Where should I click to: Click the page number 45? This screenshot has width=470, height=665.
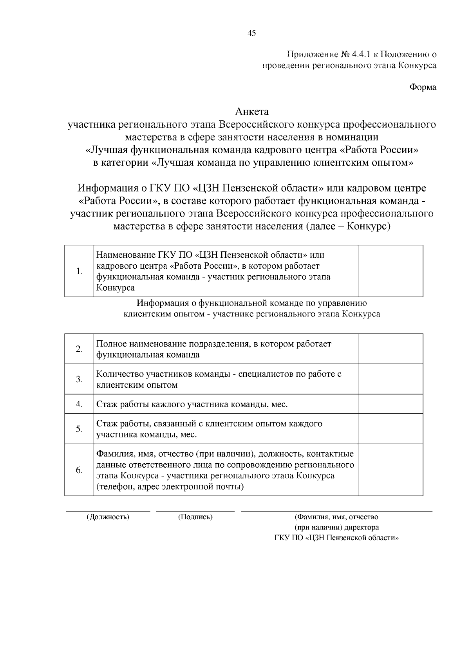pyautogui.click(x=252, y=33)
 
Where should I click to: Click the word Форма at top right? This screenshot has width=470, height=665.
pyautogui.click(x=423, y=87)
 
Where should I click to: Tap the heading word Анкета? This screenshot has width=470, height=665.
pyautogui.click(x=252, y=112)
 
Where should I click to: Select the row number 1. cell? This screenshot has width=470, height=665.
pyautogui.click(x=79, y=271)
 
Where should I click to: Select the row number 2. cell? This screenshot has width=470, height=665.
pyautogui.click(x=79, y=349)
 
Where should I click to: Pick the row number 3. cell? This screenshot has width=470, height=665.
pyautogui.click(x=79, y=379)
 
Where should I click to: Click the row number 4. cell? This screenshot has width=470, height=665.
pyautogui.click(x=79, y=404)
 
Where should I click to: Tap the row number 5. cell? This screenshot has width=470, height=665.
pyautogui.click(x=79, y=429)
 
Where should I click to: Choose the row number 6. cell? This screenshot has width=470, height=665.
pyautogui.click(x=79, y=470)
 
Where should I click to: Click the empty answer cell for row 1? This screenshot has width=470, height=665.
pyautogui.click(x=390, y=271)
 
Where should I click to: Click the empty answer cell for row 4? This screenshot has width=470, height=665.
pyautogui.click(x=390, y=404)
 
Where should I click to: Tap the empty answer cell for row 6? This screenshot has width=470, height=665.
pyautogui.click(x=390, y=470)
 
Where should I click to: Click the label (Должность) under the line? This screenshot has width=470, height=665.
pyautogui.click(x=108, y=517)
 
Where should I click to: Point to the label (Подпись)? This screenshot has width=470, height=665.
pyautogui.click(x=195, y=517)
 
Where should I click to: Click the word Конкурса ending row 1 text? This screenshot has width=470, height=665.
pyautogui.click(x=116, y=288)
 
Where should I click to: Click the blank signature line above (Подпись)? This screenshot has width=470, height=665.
pyautogui.click(x=195, y=511)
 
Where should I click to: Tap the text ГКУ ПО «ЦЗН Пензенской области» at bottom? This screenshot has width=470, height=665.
pyautogui.click(x=336, y=538)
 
